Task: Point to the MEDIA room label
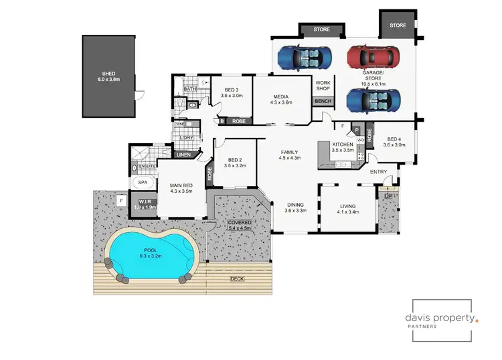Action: (282, 96)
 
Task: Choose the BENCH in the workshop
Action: (323, 101)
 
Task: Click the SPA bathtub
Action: (143, 182)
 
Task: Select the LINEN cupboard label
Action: (183, 155)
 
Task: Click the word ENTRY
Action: (378, 172)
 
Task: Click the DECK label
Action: (237, 278)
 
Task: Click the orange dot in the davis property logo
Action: (477, 321)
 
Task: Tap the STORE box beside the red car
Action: (398, 25)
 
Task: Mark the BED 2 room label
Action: (234, 161)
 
